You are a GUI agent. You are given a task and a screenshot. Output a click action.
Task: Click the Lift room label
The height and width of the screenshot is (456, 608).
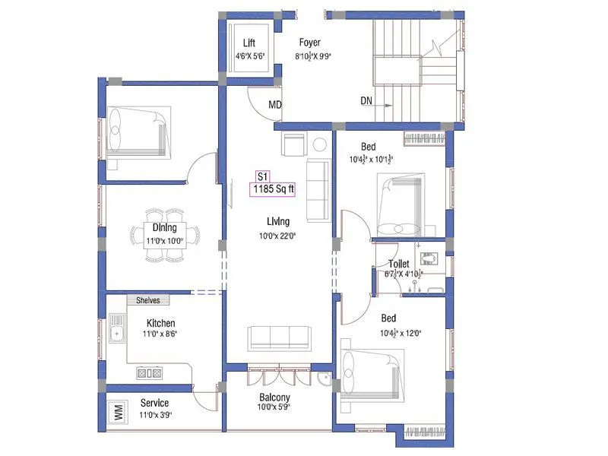click(249, 43)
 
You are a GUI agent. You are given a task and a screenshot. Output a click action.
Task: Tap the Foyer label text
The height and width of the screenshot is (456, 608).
click(309, 43)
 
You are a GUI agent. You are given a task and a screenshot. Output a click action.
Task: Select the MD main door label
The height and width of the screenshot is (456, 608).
click(276, 106)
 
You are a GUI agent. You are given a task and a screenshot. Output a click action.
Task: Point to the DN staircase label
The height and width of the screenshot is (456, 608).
click(367, 100)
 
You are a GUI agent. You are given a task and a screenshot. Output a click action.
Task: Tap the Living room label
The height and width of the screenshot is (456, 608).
click(277, 220)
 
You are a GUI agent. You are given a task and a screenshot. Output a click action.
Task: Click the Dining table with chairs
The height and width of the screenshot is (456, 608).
click(164, 234)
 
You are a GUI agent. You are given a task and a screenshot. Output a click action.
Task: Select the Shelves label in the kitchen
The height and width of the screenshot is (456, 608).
click(148, 300)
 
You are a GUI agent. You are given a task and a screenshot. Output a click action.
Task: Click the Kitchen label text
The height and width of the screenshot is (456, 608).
click(160, 323)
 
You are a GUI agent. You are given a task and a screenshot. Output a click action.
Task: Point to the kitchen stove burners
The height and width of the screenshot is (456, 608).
click(149, 372)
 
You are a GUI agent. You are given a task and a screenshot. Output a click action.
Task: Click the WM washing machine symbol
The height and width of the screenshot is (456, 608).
click(118, 413)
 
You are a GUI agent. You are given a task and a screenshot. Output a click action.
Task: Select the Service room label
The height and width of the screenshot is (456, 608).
click(154, 403)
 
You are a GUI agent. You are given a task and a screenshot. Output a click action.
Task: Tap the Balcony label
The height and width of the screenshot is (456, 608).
click(274, 397)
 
